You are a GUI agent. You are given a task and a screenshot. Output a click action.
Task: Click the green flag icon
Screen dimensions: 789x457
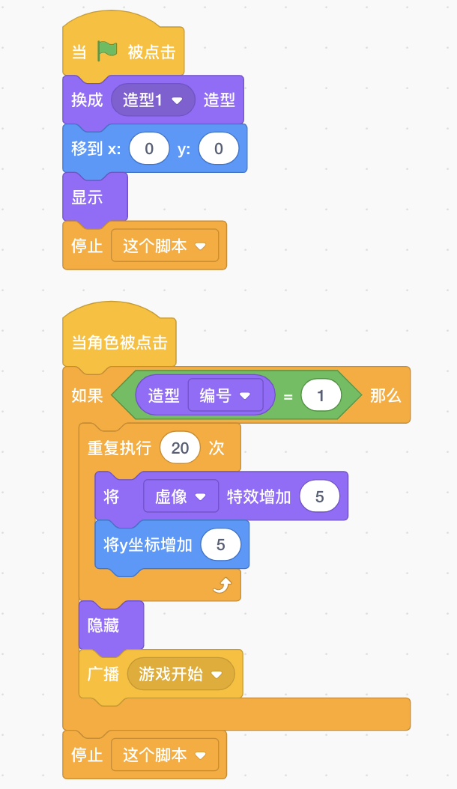point(108,52)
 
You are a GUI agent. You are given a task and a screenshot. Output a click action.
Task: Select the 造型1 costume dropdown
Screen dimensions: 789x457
point(153,100)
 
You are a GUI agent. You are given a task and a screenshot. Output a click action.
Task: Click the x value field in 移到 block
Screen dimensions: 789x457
point(148,149)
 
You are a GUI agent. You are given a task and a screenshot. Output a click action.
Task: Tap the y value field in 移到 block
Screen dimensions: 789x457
point(218,149)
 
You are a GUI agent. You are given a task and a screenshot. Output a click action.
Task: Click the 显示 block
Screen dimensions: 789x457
point(88,198)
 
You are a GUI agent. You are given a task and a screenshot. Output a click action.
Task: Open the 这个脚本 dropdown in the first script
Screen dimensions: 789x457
point(165,246)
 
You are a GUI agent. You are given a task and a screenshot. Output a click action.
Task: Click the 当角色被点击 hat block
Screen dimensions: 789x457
point(119,343)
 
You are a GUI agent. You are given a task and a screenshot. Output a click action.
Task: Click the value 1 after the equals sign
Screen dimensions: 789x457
point(321,396)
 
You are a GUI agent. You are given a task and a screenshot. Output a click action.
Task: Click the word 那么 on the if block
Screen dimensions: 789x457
point(385,396)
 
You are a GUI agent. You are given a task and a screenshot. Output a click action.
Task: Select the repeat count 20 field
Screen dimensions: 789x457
point(180,448)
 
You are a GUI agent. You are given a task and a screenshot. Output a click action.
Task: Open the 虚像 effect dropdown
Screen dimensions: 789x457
point(181,496)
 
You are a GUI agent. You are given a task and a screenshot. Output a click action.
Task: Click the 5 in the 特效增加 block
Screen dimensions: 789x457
point(319,496)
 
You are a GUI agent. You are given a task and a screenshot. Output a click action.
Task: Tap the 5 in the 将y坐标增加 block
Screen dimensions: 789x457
point(220,545)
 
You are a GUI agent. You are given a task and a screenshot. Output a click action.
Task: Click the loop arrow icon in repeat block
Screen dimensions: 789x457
point(222,585)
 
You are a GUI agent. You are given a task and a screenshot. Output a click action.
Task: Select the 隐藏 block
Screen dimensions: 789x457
point(103,626)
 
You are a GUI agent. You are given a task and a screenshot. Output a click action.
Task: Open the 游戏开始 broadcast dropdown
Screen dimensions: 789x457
point(181,674)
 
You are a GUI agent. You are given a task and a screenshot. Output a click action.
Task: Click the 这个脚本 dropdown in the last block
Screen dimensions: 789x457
point(165,755)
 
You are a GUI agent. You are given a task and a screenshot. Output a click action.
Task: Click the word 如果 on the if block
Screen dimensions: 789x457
point(87,396)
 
